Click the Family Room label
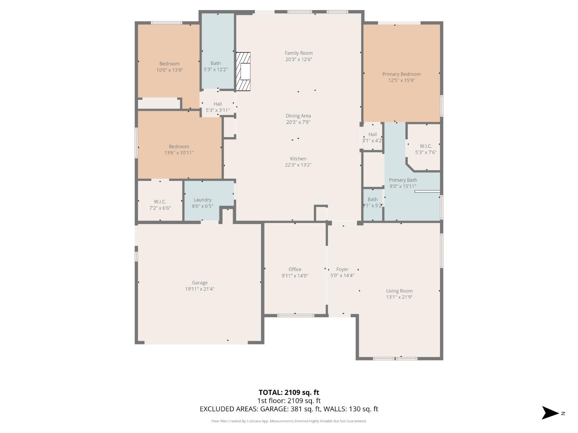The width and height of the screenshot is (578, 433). tap(298, 53)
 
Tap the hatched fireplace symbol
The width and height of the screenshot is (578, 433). tap(243, 72)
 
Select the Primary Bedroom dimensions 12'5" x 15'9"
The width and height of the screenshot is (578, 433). tap(401, 81)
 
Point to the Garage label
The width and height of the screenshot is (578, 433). tap(199, 283)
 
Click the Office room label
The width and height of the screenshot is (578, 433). tap(295, 269)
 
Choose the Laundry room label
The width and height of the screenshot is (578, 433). tap(202, 200)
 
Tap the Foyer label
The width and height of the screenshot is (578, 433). tap(342, 269)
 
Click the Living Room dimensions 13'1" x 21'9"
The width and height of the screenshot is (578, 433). tap(399, 297)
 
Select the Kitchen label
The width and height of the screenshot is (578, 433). tap(298, 159)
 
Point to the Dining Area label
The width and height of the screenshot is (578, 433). tap(298, 116)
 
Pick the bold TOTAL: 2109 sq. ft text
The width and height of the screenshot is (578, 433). tap(289, 393)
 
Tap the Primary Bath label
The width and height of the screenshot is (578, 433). tap(403, 180)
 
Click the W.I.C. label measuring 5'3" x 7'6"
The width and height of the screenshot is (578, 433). tap(425, 146)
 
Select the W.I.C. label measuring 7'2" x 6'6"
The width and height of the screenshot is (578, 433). tap(160, 202)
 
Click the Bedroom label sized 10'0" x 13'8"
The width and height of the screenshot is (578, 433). tap(169, 64)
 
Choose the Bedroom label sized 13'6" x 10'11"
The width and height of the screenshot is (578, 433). tap(179, 147)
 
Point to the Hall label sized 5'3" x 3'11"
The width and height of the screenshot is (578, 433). tap(218, 104)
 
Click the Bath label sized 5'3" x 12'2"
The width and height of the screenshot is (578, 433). tap(216, 63)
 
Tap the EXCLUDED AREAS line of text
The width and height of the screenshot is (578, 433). tap(289, 409)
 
